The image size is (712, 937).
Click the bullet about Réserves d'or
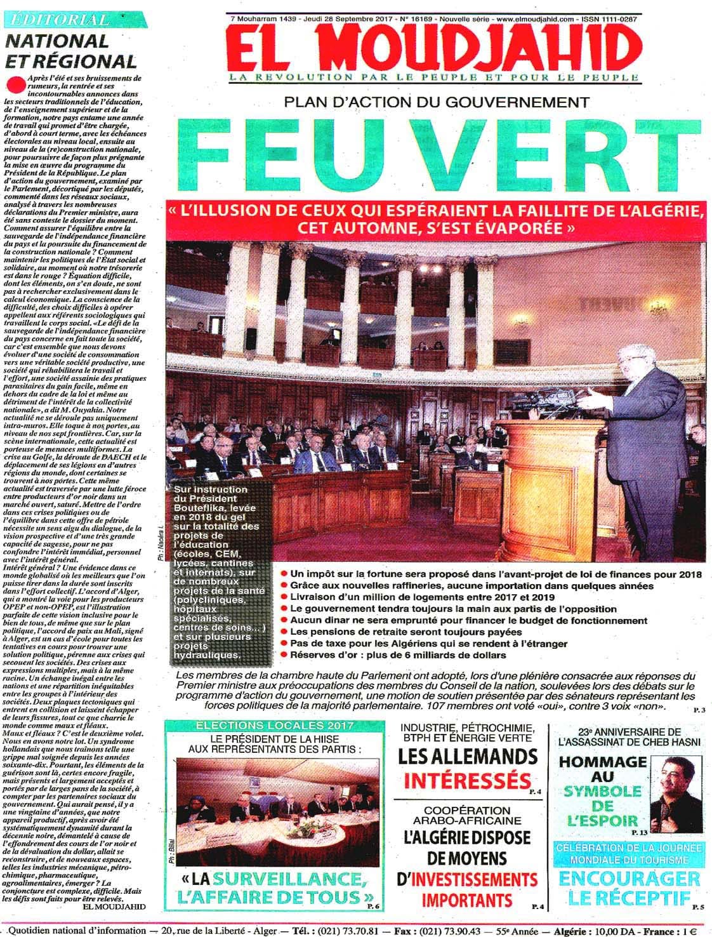[x=393, y=655]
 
